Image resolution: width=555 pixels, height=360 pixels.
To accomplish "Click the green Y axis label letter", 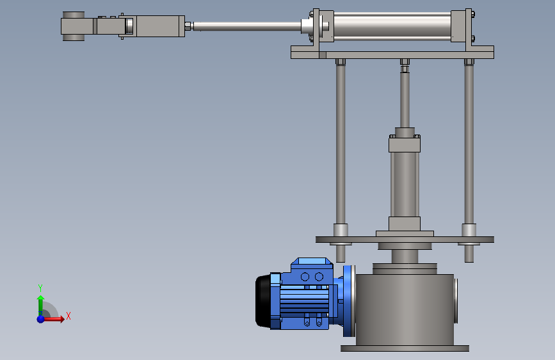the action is [x=40, y=288].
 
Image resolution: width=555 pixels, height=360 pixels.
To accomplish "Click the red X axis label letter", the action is [x=68, y=316].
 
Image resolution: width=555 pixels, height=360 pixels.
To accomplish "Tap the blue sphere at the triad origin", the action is [x=41, y=319].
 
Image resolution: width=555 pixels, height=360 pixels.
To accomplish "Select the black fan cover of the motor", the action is [x=263, y=301].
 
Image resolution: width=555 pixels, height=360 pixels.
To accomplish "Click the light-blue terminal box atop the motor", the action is [x=312, y=262].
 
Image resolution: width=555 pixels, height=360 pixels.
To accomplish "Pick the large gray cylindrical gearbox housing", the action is [x=405, y=309].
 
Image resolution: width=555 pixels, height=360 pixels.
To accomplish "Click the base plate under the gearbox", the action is [x=405, y=348].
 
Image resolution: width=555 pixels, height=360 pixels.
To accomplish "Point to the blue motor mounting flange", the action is [x=350, y=301].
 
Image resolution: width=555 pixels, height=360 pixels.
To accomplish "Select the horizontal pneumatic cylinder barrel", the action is [x=392, y=26].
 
